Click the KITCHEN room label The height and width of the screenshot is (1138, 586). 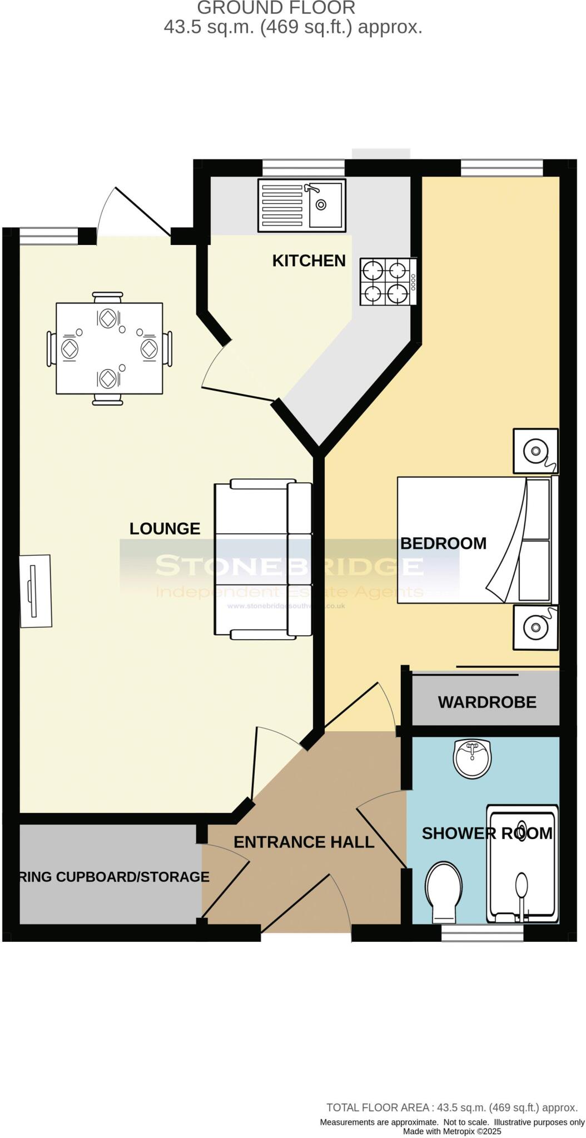pos(309,261)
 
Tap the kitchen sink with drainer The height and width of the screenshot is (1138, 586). pos(301,205)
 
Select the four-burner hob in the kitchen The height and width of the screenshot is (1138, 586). pos(388,282)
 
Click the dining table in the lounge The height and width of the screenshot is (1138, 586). pos(109,348)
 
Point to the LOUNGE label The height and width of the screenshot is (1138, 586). pos(165,528)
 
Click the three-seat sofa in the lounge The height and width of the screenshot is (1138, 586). pos(262,558)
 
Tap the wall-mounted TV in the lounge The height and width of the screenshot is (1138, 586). pos(35,591)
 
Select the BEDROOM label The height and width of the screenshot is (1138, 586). pos(443,543)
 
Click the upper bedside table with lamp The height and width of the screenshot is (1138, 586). pos(535,451)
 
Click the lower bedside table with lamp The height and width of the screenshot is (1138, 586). pos(535,627)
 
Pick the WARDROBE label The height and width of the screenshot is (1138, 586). pos(486,702)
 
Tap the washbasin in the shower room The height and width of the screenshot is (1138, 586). pos(473,758)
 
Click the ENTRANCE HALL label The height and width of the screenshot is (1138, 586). pos(304,842)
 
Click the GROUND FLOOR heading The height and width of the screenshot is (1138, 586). pos(276,8)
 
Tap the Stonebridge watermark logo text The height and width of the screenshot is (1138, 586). pos(289,566)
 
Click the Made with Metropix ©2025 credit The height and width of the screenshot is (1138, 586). pos(451,1131)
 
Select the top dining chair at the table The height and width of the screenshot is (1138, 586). pos(108,298)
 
